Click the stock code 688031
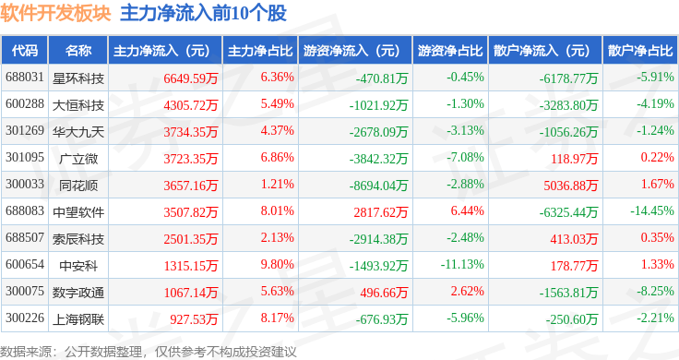click(25, 78)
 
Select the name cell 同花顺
click(78, 185)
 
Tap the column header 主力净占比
click(260, 51)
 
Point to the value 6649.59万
click(191, 78)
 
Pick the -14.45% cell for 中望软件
click(652, 211)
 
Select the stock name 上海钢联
click(78, 319)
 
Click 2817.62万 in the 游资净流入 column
click(381, 211)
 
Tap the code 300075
click(25, 291)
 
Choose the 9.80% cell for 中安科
click(277, 264)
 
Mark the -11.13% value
click(462, 264)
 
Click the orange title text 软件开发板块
click(55, 13)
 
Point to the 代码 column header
click(25, 51)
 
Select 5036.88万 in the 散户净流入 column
click(571, 186)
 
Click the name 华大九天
click(78, 132)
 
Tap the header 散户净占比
click(640, 51)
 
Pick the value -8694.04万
click(378, 186)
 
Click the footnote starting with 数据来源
click(149, 352)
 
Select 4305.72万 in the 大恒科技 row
click(191, 105)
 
